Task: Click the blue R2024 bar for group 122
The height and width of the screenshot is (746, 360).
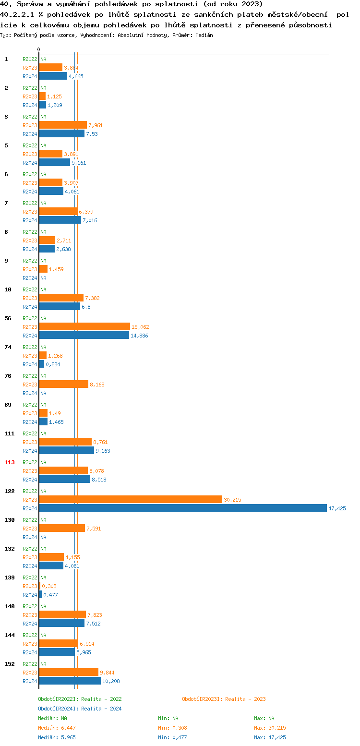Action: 182,508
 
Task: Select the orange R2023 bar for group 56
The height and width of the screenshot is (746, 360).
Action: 84,326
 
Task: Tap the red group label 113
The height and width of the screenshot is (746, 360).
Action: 10,462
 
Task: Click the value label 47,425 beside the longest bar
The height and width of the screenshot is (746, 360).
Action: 337,508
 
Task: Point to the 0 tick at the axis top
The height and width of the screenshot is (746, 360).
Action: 39,50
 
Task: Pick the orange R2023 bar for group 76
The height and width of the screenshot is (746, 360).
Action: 63,384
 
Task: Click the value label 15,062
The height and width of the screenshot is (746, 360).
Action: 140,327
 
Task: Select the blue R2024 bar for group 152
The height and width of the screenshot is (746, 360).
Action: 70,681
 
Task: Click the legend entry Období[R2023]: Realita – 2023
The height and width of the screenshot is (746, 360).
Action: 224,699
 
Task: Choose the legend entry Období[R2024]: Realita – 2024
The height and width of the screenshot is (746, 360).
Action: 80,709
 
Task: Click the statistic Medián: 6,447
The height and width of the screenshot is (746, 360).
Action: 57,728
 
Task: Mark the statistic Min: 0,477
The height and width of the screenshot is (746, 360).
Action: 172,737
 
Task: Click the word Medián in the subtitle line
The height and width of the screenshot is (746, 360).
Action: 204,35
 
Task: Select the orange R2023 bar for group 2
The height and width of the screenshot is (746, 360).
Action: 42,96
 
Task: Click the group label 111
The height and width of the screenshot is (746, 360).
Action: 10,433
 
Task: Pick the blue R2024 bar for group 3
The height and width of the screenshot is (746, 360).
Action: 61,133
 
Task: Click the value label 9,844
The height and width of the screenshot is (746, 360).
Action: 107,673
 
